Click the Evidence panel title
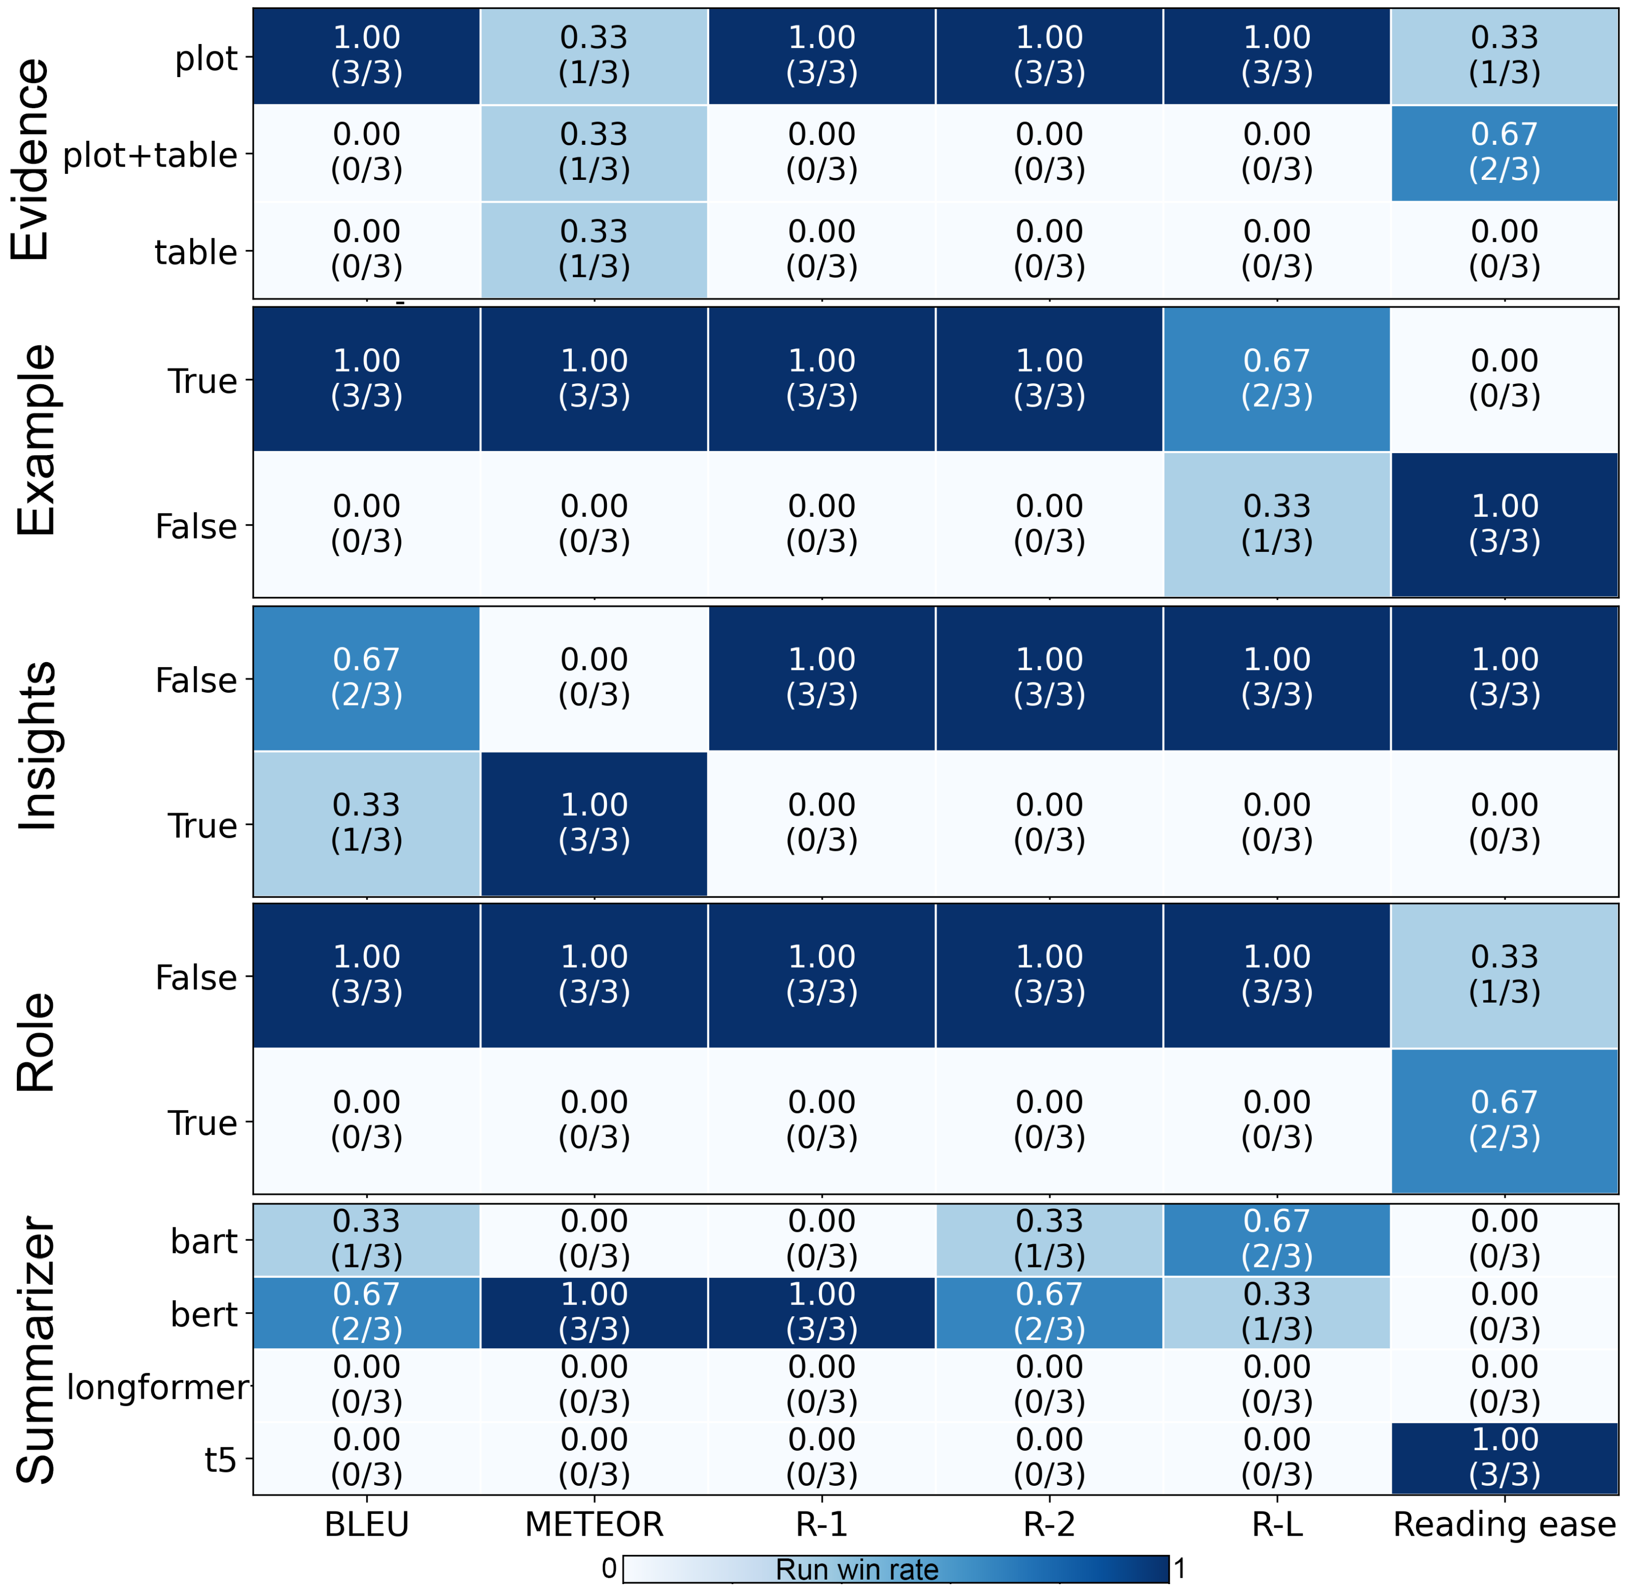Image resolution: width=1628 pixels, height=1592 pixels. click(32, 159)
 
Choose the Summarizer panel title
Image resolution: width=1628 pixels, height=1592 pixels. click(35, 1349)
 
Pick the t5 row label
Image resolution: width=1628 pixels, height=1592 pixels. click(221, 1460)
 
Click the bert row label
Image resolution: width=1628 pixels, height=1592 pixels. click(204, 1314)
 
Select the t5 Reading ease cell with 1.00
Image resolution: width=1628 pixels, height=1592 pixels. click(1504, 1458)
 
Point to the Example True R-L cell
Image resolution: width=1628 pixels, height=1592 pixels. click(1277, 379)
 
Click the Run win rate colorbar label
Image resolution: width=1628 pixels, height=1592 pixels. click(857, 1569)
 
